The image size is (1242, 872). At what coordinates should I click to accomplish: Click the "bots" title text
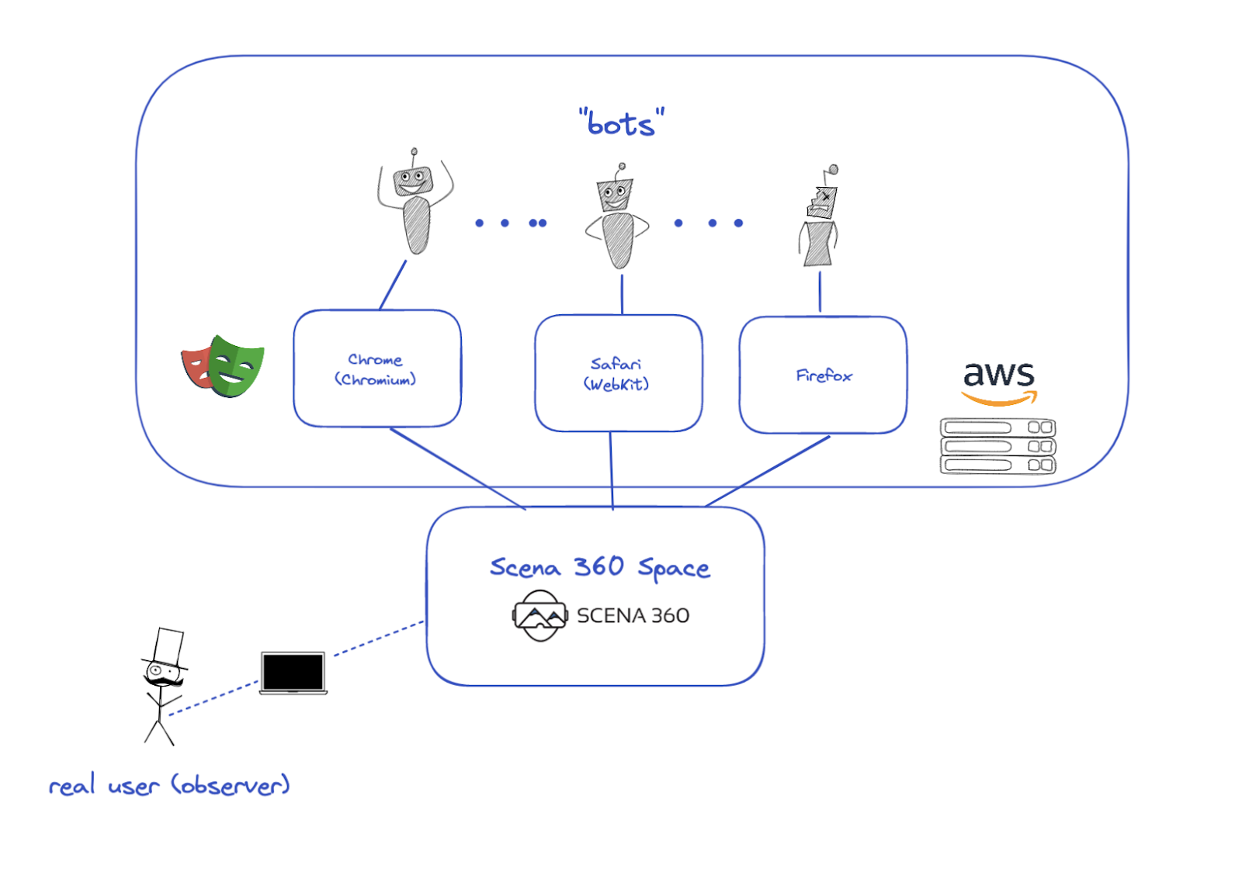[x=621, y=123]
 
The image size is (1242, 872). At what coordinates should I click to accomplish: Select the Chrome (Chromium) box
[x=376, y=369]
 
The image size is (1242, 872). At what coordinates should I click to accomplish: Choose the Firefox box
[x=823, y=375]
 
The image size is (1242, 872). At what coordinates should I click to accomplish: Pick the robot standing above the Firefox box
[x=820, y=221]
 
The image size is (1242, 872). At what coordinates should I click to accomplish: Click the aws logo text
[x=998, y=375]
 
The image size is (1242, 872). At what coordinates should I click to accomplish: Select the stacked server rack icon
[x=997, y=446]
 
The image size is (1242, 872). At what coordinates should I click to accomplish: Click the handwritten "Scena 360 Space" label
[x=599, y=568]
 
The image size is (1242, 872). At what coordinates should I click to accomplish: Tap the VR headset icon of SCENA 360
[x=539, y=615]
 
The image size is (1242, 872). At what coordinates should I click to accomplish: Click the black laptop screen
[x=293, y=672]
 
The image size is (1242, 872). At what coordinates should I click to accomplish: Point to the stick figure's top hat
[x=168, y=647]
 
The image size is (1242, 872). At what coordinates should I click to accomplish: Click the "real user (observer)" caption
[x=169, y=785]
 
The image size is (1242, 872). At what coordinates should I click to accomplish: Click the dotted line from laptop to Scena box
[x=379, y=638]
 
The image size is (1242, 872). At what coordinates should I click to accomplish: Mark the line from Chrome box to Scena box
[x=458, y=469]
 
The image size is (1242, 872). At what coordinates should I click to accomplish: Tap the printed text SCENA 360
[x=633, y=616]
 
